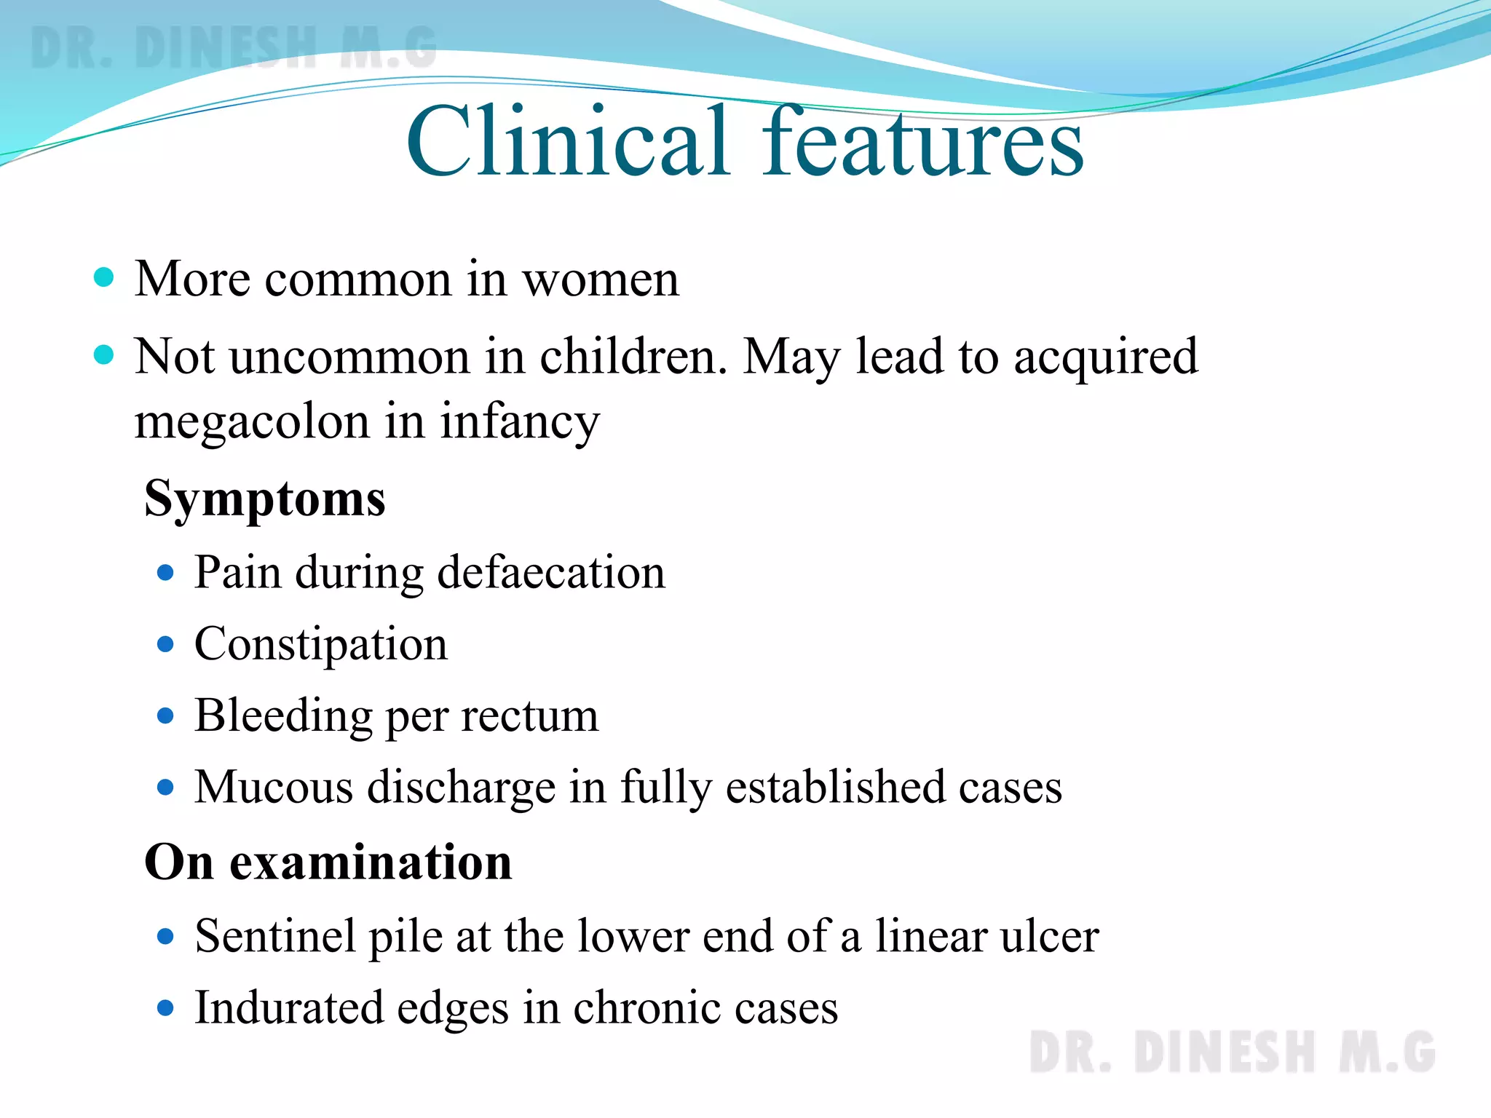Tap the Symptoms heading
coord(265,499)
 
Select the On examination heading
coord(328,863)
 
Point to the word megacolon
coord(252,422)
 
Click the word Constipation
coord(321,644)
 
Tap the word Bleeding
coord(283,716)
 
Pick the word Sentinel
coord(276,936)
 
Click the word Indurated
coord(289,1008)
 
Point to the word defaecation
coord(551,572)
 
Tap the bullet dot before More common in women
coord(105,277)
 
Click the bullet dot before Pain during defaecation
coord(166,573)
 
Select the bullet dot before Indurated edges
coord(166,1008)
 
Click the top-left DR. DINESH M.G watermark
coord(233,47)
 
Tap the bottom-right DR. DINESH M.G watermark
coord(1232,1052)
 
